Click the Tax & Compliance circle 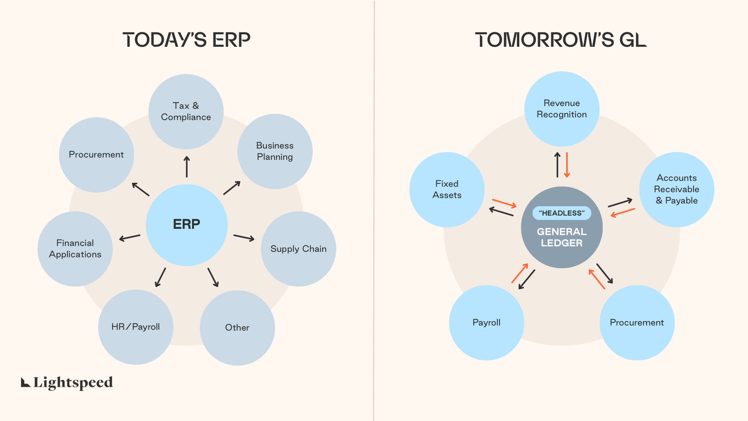(186, 111)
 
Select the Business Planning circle (275, 151)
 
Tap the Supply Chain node (298, 249)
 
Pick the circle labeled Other (237, 327)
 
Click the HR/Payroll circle (136, 327)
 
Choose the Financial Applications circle (75, 249)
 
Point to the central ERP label (187, 224)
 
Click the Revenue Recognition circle (561, 109)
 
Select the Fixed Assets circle (447, 189)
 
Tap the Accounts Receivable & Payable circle (676, 189)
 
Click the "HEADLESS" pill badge (561, 213)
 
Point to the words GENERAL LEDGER (561, 237)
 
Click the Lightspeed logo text (73, 382)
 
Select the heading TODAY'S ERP (186, 40)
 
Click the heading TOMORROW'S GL (561, 40)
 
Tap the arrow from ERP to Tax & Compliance (187, 167)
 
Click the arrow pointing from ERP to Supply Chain (244, 237)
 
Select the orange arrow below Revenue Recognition (567, 165)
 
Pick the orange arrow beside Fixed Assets (504, 203)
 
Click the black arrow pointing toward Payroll (527, 279)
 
